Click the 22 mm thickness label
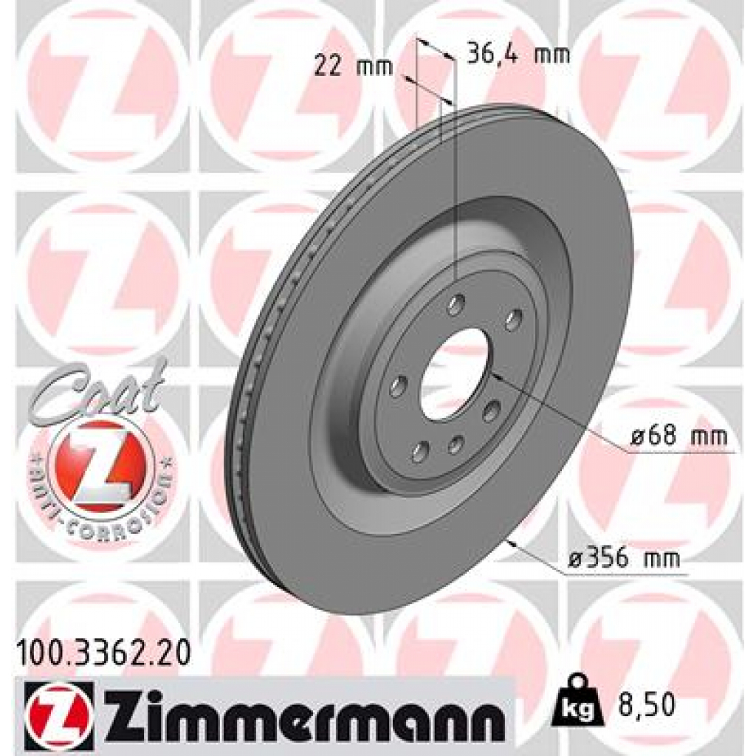click(x=343, y=66)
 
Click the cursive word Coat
click(x=96, y=391)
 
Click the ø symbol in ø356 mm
click(x=576, y=558)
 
